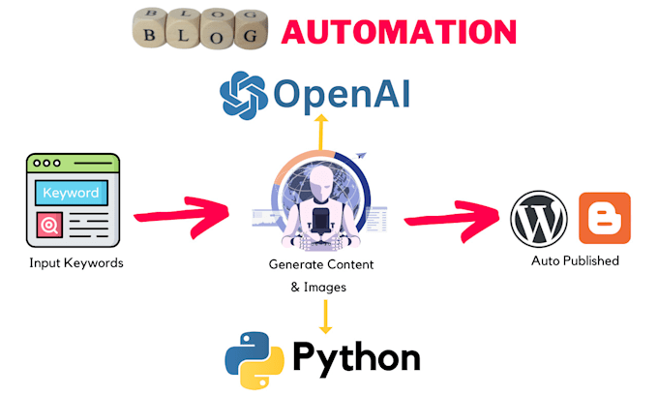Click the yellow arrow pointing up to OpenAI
[x=322, y=131]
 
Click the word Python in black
[x=357, y=358]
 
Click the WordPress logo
[x=538, y=218]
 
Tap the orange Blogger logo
[x=604, y=218]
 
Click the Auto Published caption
[x=575, y=260]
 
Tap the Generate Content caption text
[x=321, y=264]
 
